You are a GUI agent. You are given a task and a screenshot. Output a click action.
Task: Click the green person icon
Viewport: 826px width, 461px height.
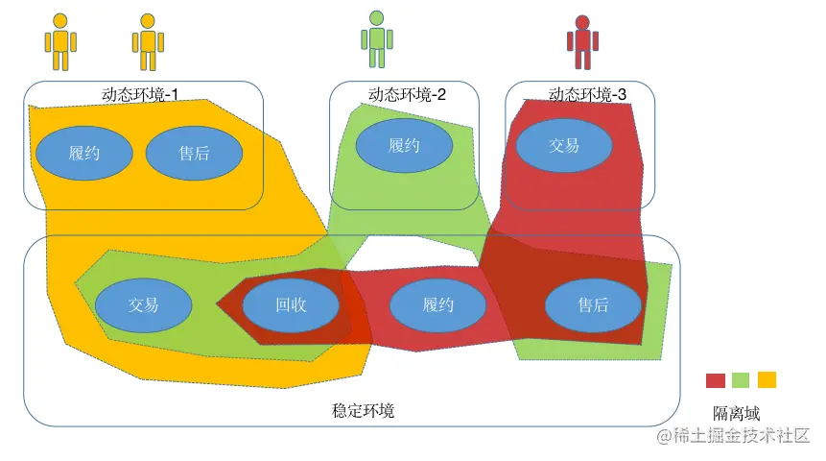375,40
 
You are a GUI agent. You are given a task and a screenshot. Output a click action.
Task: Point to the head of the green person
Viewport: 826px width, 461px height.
375,17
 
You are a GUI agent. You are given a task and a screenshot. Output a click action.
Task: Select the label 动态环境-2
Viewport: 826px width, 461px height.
407,94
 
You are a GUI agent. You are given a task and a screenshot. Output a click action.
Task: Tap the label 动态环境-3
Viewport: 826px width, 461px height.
587,94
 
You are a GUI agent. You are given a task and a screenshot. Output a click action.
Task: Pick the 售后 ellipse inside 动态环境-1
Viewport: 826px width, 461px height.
194,153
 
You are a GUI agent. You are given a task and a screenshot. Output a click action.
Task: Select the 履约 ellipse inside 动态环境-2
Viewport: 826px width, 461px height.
404,146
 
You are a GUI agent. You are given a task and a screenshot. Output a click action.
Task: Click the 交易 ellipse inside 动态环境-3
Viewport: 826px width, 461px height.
563,146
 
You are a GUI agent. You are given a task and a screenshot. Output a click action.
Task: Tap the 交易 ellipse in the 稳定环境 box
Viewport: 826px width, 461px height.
143,305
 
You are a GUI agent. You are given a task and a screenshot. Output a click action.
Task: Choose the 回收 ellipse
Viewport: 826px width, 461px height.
291,305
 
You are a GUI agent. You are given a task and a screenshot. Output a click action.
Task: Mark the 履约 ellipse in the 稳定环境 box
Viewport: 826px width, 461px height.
437,305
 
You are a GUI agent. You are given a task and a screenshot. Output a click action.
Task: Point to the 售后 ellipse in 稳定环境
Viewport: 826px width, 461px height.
593,305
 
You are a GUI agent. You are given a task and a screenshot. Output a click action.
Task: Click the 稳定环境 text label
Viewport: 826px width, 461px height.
363,410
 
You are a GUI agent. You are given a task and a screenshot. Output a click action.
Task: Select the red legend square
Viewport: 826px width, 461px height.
716,380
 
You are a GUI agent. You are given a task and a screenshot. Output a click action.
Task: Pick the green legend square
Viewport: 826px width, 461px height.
741,380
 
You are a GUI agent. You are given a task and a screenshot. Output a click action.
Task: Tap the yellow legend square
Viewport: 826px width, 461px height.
767,379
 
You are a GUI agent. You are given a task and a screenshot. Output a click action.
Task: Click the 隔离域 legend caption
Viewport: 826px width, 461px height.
736,413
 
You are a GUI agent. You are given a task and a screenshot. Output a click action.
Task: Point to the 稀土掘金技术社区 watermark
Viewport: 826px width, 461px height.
735,437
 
